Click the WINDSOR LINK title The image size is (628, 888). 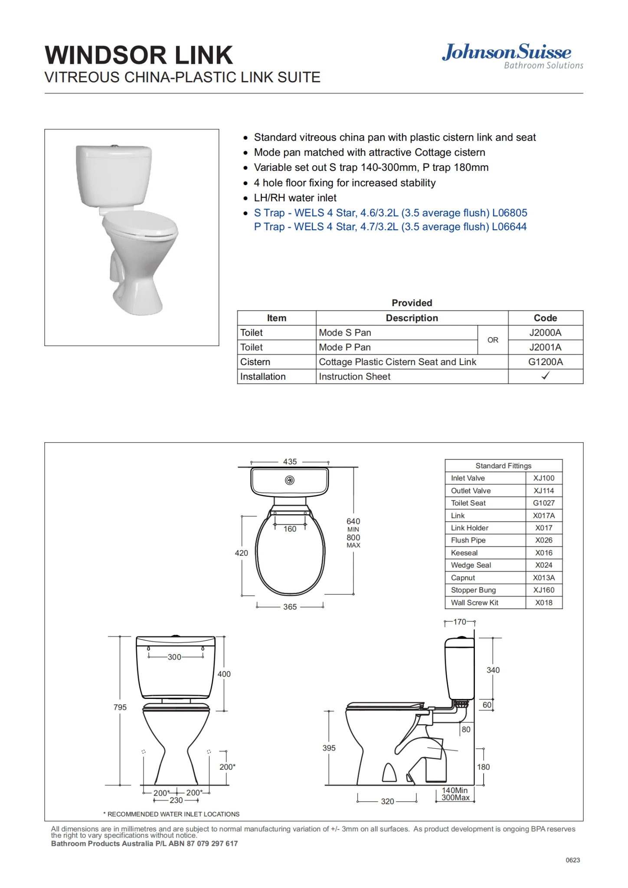(x=139, y=55)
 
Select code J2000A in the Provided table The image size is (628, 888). (x=545, y=333)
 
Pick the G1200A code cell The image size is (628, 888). (x=545, y=362)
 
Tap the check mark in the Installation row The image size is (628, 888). (x=545, y=376)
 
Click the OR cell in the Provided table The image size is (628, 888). (x=493, y=340)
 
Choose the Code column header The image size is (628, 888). (x=545, y=318)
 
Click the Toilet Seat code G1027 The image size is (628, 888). (x=544, y=503)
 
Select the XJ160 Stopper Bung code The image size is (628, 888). (x=544, y=590)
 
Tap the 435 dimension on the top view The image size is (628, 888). (x=290, y=462)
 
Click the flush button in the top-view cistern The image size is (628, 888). (x=290, y=480)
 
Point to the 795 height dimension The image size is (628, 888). (x=120, y=707)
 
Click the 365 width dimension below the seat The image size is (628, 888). (x=290, y=607)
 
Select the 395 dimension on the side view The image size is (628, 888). (x=329, y=748)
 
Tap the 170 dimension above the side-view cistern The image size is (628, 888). (x=460, y=622)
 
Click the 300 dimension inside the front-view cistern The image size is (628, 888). (x=174, y=657)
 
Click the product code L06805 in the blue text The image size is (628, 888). (x=509, y=213)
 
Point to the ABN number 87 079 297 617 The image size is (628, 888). (x=212, y=843)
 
